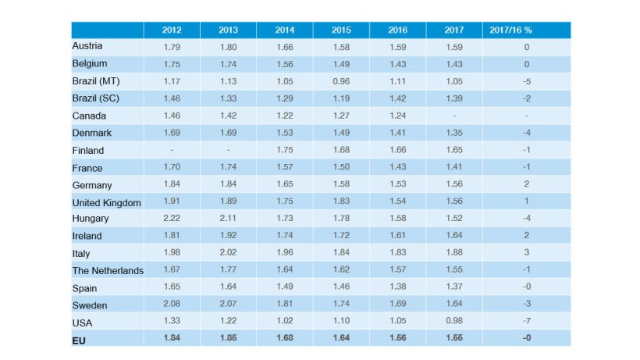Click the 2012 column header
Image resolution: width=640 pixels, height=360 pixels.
pyautogui.click(x=172, y=30)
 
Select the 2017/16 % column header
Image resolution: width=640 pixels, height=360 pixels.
pyautogui.click(x=510, y=30)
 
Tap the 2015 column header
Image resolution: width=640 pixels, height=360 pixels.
pyautogui.click(x=341, y=30)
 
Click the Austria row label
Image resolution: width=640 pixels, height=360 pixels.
pyautogui.click(x=87, y=46)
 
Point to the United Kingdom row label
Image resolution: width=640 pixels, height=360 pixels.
pyautogui.click(x=106, y=202)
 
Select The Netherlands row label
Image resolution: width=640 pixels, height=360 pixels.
pyautogui.click(x=108, y=270)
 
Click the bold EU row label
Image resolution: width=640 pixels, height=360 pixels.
pyautogui.click(x=78, y=340)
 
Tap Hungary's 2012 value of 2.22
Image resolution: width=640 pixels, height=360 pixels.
pyautogui.click(x=172, y=219)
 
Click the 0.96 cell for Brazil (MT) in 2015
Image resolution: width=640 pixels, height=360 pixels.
pyautogui.click(x=341, y=80)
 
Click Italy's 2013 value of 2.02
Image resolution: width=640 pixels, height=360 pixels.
pyautogui.click(x=229, y=253)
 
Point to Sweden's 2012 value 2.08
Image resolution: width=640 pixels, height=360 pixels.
pyautogui.click(x=172, y=305)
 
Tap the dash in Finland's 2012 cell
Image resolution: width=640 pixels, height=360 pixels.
pyautogui.click(x=172, y=150)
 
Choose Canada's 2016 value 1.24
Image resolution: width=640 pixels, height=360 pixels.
pyautogui.click(x=398, y=116)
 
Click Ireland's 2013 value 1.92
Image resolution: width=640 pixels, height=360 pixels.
pyautogui.click(x=229, y=236)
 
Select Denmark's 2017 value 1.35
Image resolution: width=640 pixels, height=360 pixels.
pyautogui.click(x=454, y=133)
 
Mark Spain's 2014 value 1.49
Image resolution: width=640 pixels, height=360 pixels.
pyautogui.click(x=285, y=287)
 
